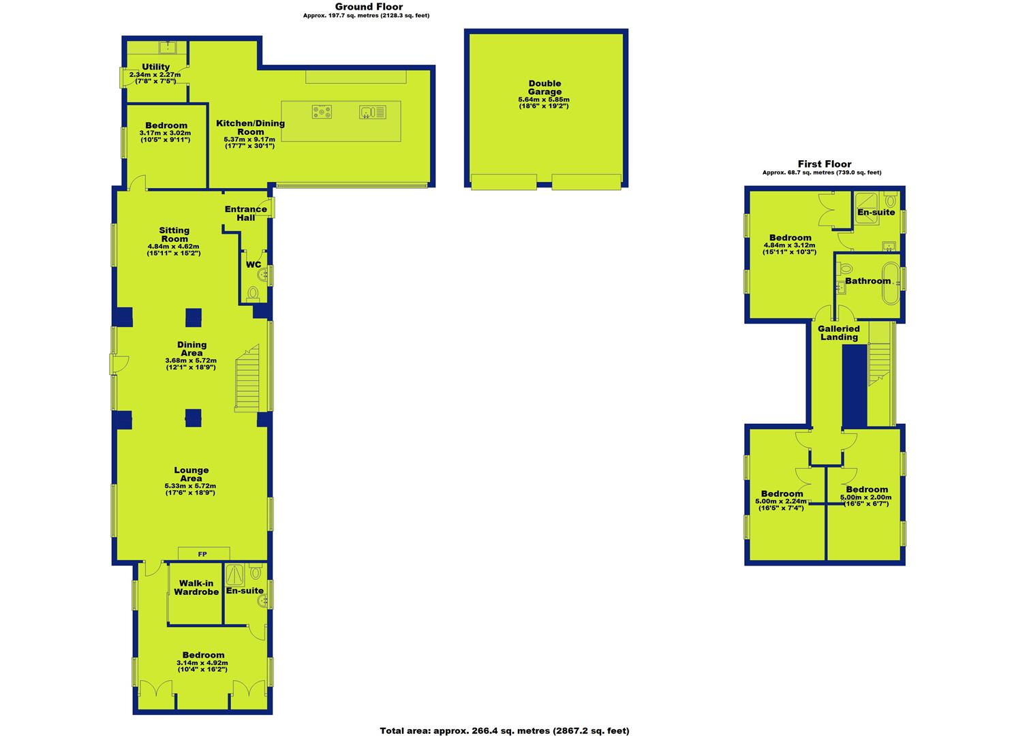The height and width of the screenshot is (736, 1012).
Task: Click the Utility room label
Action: pyautogui.click(x=156, y=67)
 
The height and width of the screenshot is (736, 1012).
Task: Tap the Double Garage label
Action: pyautogui.click(x=545, y=88)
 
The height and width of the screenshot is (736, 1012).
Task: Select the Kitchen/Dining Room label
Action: pyautogui.click(x=250, y=127)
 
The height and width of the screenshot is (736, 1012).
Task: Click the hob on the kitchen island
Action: pyautogui.click(x=322, y=112)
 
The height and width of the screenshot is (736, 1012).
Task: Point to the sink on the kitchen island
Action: pyautogui.click(x=373, y=112)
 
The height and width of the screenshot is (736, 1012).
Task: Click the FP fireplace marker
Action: pyautogui.click(x=202, y=554)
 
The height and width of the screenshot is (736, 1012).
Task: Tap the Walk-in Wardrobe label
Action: pyautogui.click(x=196, y=587)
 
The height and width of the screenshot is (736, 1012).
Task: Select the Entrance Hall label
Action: pyautogui.click(x=246, y=213)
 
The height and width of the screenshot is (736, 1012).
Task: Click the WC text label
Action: pyautogui.click(x=253, y=265)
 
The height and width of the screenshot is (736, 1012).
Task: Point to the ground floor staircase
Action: pyautogui.click(x=247, y=378)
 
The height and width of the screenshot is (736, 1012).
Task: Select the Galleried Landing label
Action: pyautogui.click(x=839, y=333)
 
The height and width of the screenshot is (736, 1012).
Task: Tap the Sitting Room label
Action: pyautogui.click(x=174, y=234)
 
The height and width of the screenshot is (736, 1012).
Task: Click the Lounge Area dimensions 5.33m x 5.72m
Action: pyautogui.click(x=190, y=486)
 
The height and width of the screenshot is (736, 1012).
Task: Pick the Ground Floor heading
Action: pyautogui.click(x=369, y=7)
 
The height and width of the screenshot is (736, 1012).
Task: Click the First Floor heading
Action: pyautogui.click(x=824, y=164)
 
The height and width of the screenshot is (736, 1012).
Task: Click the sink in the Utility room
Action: pyautogui.click(x=168, y=46)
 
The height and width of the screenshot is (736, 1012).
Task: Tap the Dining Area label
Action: pyautogui.click(x=191, y=349)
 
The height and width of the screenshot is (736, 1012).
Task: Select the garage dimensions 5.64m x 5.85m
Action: pyautogui.click(x=544, y=99)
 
